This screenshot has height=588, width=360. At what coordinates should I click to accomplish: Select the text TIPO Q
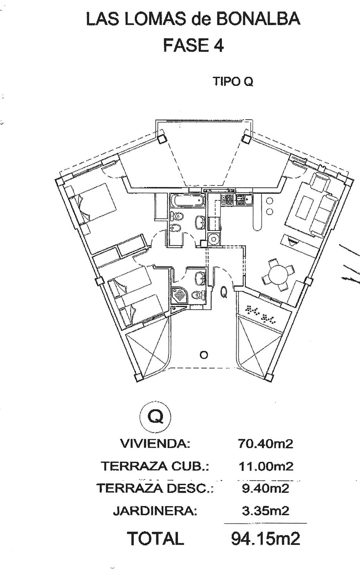coord(233,82)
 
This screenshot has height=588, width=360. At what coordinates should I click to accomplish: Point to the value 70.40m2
coord(265,444)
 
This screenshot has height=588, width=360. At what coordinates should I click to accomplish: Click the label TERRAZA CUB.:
coord(155,466)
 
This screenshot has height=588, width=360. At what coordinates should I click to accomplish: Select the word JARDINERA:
coord(155,511)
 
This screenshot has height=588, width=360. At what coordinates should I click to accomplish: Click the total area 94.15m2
coord(266,539)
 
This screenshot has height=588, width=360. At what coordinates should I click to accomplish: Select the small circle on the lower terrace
coord(203,355)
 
